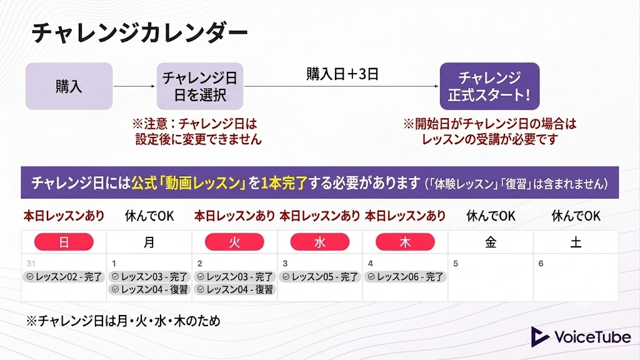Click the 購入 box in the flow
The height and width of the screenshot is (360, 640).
click(x=69, y=86)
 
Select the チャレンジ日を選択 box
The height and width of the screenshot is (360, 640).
click(x=200, y=86)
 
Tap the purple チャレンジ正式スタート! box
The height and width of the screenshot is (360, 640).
click(x=490, y=86)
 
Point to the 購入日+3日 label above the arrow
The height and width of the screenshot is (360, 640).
click(x=342, y=74)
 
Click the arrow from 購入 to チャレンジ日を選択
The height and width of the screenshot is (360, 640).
click(x=134, y=86)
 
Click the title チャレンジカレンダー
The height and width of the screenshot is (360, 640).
click(x=139, y=32)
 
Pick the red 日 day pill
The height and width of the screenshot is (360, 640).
click(x=64, y=242)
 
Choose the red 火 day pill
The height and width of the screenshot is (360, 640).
click(x=234, y=242)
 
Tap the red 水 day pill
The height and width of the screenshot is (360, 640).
click(x=319, y=242)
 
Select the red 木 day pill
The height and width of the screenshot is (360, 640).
click(x=405, y=242)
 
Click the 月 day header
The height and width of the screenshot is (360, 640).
click(x=149, y=242)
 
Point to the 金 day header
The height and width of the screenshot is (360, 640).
click(x=491, y=242)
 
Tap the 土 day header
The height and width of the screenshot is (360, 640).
click(x=576, y=242)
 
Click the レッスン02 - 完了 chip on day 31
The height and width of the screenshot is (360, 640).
click(x=64, y=277)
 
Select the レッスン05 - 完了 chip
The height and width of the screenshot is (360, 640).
click(x=320, y=277)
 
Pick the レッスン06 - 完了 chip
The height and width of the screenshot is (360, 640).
click(x=405, y=277)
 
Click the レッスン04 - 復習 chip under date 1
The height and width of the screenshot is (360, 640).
click(x=149, y=289)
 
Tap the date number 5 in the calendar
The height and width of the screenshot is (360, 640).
click(x=456, y=264)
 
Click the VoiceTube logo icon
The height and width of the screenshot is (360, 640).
click(x=539, y=337)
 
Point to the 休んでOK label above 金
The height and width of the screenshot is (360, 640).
click(x=491, y=216)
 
